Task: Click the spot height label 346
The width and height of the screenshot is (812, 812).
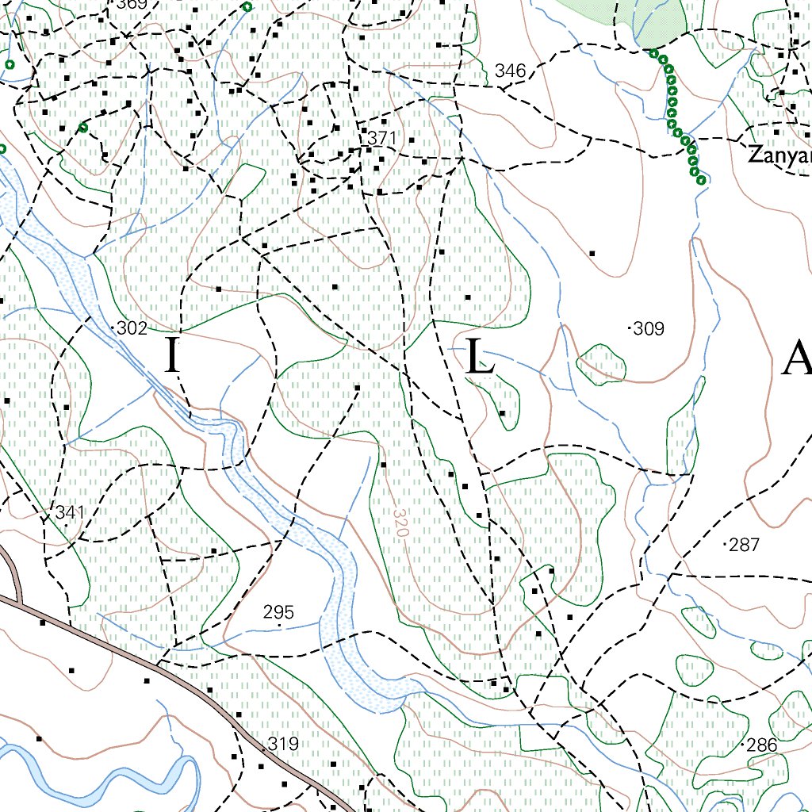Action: pyautogui.click(x=510, y=71)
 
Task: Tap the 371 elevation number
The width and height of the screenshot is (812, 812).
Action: pyautogui.click(x=381, y=138)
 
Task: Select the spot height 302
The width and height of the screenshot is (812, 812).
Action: pyautogui.click(x=132, y=328)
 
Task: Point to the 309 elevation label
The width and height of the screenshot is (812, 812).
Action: pyautogui.click(x=649, y=328)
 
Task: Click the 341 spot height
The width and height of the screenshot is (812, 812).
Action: pyautogui.click(x=70, y=513)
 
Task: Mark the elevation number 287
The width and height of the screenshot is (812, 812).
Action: pyautogui.click(x=745, y=545)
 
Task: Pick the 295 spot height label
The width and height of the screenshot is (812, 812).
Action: pyautogui.click(x=278, y=612)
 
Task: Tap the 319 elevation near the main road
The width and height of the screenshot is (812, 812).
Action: pyautogui.click(x=283, y=744)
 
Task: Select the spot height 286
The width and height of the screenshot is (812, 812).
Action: pyautogui.click(x=761, y=745)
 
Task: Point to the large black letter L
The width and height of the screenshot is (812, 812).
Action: pyautogui.click(x=481, y=357)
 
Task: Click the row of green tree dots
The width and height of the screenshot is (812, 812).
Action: pyautogui.click(x=676, y=115)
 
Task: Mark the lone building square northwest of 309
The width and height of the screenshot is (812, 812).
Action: pyautogui.click(x=592, y=254)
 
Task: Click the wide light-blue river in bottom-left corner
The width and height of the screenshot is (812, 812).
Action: pyautogui.click(x=95, y=781)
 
